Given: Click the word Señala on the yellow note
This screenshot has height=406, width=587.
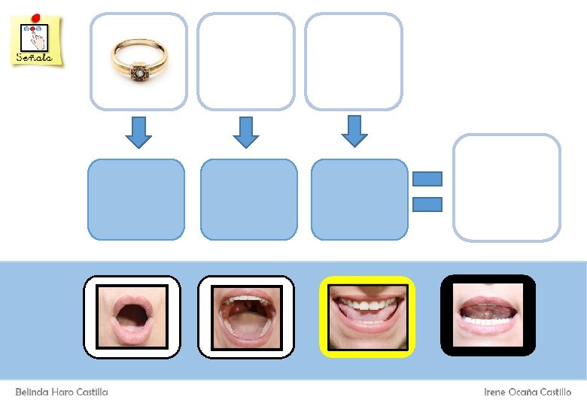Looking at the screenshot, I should tap(34, 57).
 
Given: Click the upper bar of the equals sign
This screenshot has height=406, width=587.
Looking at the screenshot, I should tap(427, 179).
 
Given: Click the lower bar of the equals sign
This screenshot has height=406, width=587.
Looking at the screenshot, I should tap(427, 203).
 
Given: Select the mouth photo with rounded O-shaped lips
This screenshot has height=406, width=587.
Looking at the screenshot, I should tap(132, 317).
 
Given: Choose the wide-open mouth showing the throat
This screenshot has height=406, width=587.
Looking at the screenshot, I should tap(246, 317).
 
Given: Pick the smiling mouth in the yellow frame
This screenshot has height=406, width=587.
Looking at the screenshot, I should tap(367, 317).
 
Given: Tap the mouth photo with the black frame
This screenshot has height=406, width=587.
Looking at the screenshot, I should tap(488, 315).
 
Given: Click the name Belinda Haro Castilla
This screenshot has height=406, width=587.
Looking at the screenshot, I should tap(62, 392).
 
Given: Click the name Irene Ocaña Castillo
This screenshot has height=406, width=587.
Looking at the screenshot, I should tap(528, 392).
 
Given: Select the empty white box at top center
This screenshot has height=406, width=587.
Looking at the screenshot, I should tap(245, 62).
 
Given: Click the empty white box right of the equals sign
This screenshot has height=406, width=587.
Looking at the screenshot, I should tap(506, 188).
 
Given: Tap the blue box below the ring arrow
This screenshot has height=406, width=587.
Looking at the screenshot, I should tap(136, 199).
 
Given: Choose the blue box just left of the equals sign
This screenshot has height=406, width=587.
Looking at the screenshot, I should tap(359, 199).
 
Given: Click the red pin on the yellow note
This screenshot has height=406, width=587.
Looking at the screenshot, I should tap(37, 17).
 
